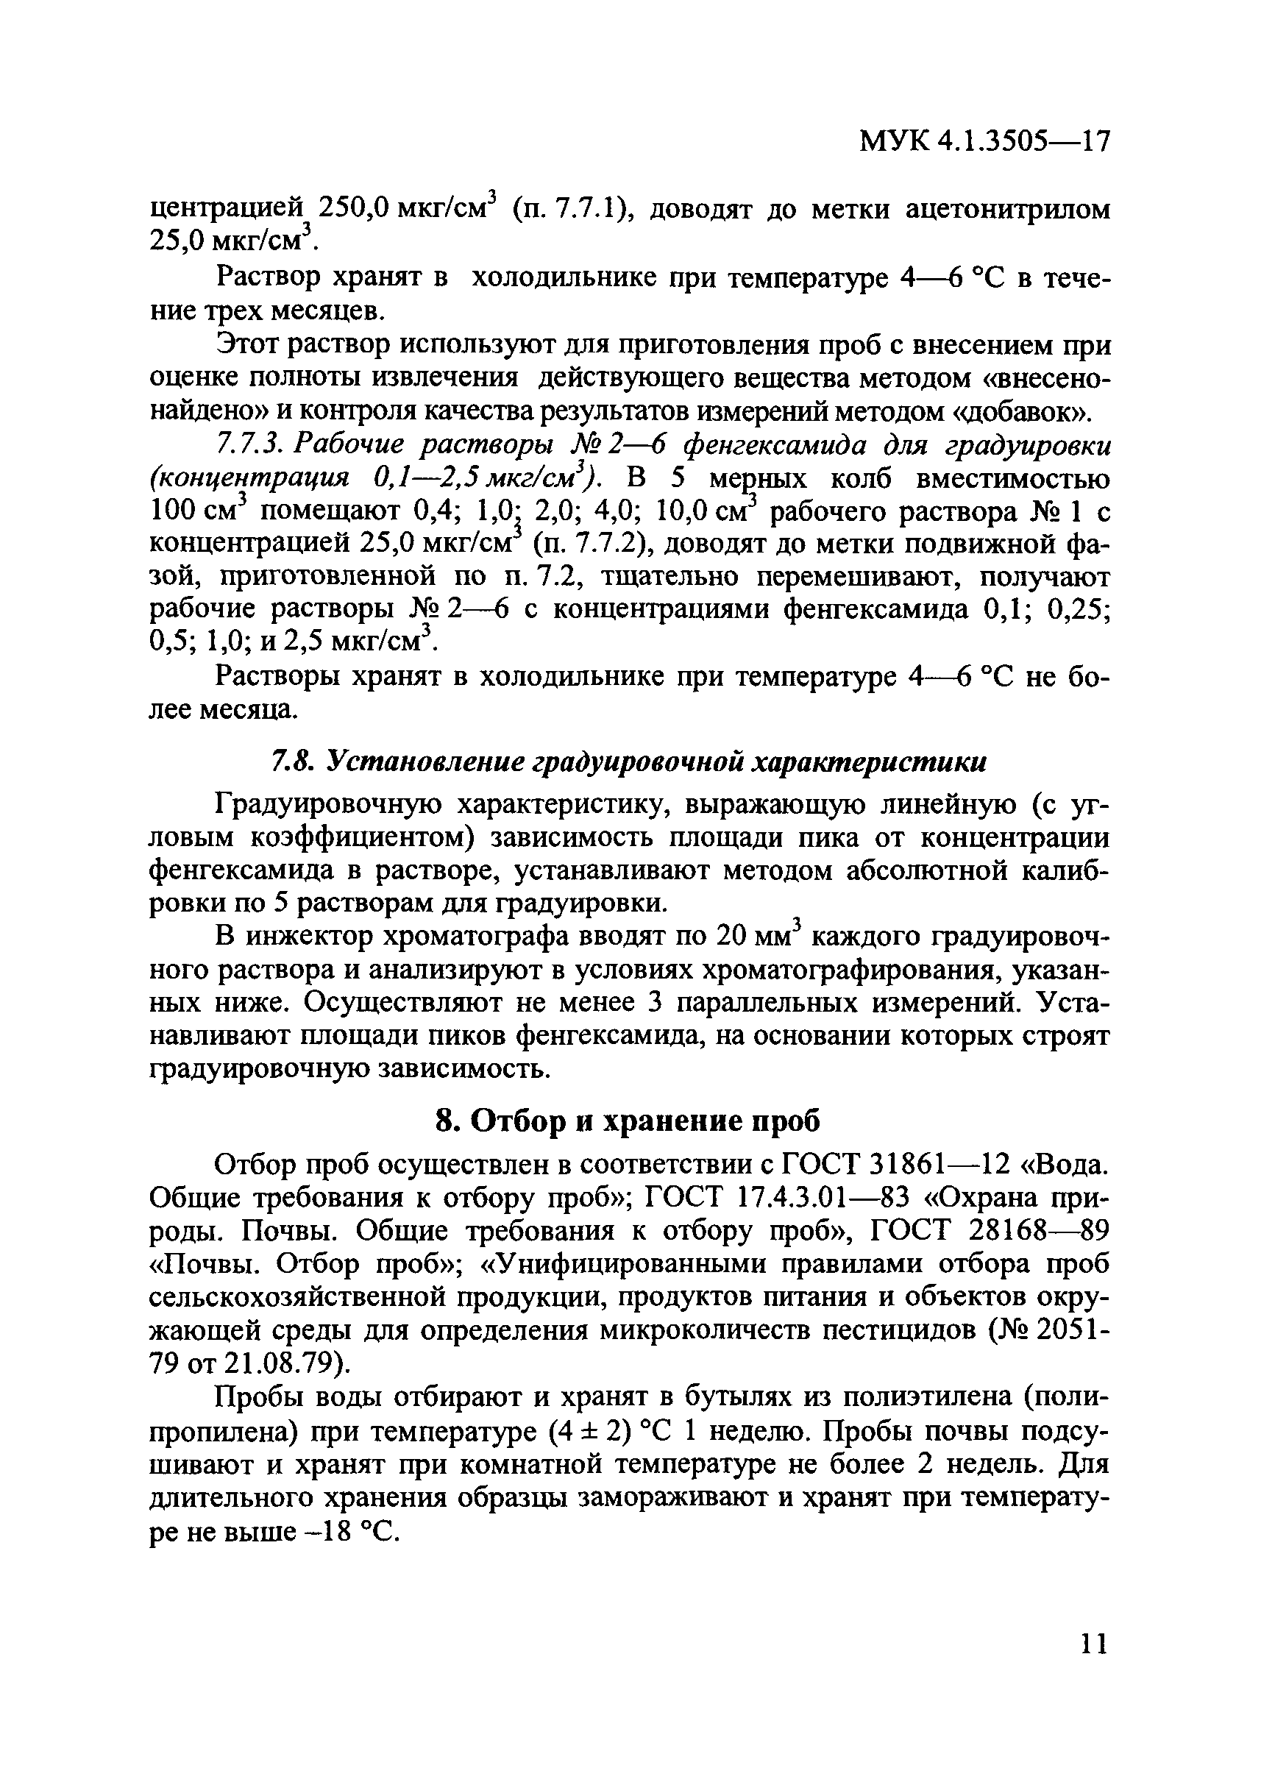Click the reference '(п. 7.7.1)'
(570, 210)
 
